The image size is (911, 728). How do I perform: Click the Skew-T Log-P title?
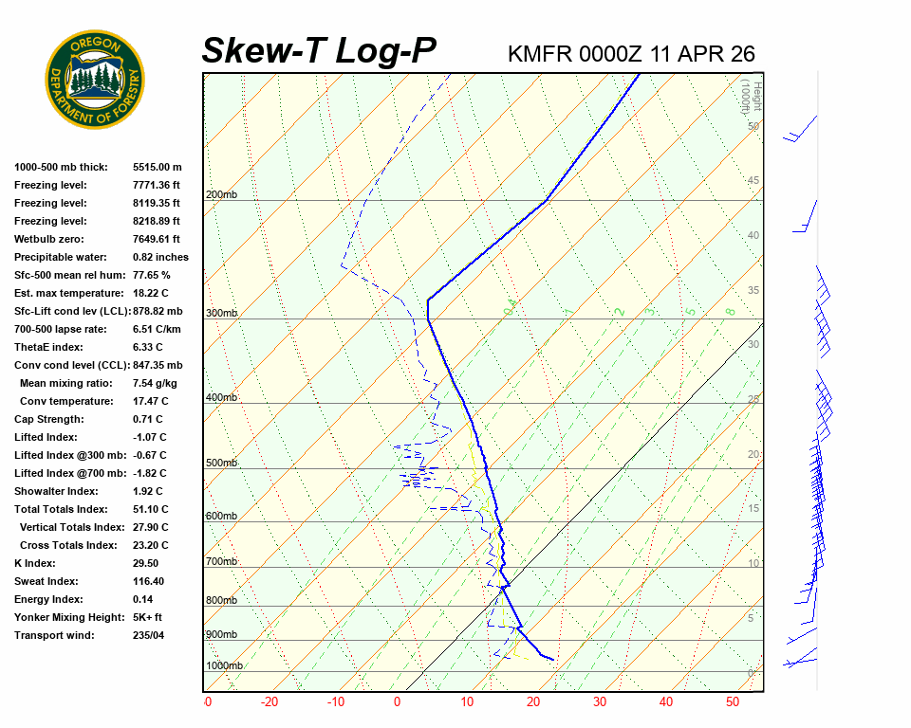pyautogui.click(x=319, y=51)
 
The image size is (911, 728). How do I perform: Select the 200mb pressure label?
pyautogui.click(x=221, y=195)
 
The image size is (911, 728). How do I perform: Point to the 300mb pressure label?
pyautogui.click(x=221, y=314)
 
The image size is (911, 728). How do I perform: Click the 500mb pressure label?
pyautogui.click(x=221, y=464)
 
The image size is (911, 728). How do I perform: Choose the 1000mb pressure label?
pyautogui.click(x=224, y=666)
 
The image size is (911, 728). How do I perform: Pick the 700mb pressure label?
pyautogui.click(x=221, y=562)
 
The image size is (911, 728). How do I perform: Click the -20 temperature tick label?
pyautogui.click(x=270, y=702)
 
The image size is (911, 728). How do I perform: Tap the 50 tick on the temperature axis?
pyautogui.click(x=732, y=702)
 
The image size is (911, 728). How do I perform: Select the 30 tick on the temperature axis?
pyautogui.click(x=599, y=702)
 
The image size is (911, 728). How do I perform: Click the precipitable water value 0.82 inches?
pyautogui.click(x=160, y=257)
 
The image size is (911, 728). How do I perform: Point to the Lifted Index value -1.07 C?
pyautogui.click(x=150, y=437)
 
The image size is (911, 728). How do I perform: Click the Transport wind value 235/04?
pyautogui.click(x=148, y=635)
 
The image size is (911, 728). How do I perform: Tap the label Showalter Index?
pyautogui.click(x=56, y=491)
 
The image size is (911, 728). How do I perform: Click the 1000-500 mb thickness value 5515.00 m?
pyautogui.click(x=158, y=167)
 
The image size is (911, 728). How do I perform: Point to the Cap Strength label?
pyautogui.click(x=49, y=419)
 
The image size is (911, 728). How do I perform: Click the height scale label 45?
pyautogui.click(x=753, y=181)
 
